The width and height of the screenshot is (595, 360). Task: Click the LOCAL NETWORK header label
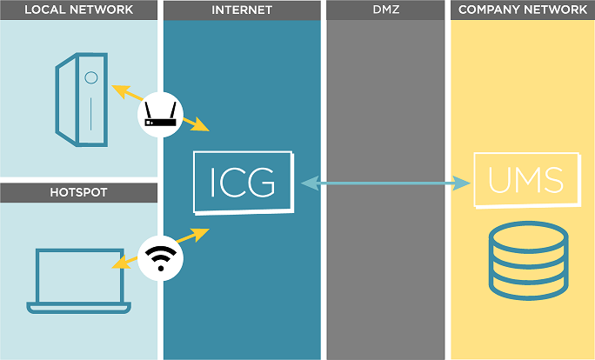coord(78,10)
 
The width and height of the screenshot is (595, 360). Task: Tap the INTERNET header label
coord(242,10)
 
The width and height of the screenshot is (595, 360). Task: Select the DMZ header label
coord(386,10)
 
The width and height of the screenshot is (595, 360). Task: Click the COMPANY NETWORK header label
coord(522,10)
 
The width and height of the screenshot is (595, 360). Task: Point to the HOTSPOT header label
coord(78,192)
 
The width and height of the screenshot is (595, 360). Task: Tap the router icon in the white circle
coord(160,114)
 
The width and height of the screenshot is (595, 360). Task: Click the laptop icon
coord(78,280)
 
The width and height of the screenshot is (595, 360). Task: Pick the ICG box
coord(244,183)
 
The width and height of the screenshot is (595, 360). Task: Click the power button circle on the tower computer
coord(90,77)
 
